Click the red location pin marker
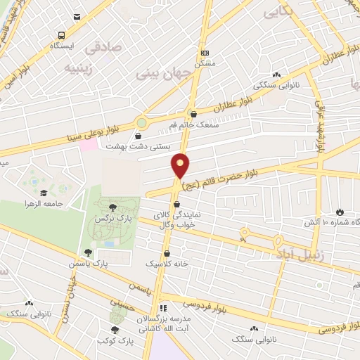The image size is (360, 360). [x=181, y=165]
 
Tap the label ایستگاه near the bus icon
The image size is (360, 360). [x=62, y=45]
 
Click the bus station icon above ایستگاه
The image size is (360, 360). [x=62, y=35]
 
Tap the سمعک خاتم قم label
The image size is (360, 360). [x=193, y=124]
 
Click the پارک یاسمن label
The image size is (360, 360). [x=89, y=263]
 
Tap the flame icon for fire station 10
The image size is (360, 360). [x=340, y=212]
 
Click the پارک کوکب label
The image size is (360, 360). [x=117, y=341]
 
